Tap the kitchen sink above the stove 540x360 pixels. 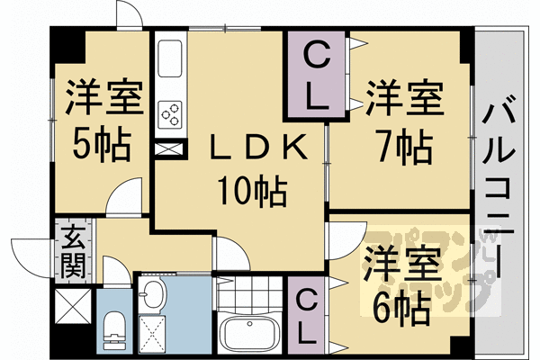[x=170, y=61]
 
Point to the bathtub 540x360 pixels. [x=247, y=336]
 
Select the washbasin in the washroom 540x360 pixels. [x=153, y=294]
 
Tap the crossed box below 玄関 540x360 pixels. [x=72, y=306]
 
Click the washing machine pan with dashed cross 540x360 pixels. [x=156, y=334]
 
